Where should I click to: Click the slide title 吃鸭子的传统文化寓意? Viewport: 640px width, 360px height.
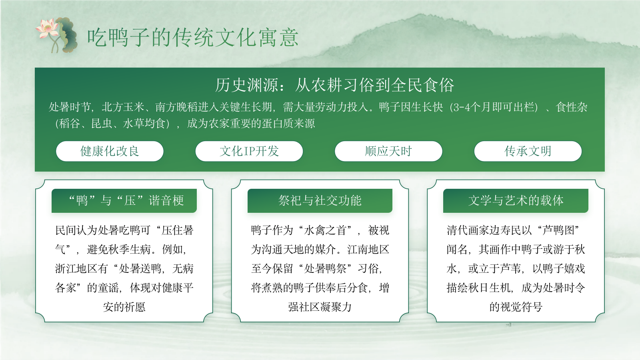[193, 38]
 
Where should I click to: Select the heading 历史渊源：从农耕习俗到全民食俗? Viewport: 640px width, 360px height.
[334, 85]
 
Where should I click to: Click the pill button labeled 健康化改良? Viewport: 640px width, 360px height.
[110, 151]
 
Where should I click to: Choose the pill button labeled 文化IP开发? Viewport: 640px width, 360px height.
[249, 151]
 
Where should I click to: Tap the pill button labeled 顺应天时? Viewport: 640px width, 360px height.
[388, 151]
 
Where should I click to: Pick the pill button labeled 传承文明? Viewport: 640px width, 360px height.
[528, 151]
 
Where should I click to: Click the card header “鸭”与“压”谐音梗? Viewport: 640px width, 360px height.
[124, 200]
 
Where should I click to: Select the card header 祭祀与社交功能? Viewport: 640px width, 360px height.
[320, 200]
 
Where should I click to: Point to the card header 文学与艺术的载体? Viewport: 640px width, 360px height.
[516, 200]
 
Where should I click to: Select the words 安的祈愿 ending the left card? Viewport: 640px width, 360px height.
[124, 307]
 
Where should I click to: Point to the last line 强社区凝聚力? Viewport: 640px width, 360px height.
[320, 307]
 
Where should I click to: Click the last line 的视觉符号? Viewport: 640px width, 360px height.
[516, 307]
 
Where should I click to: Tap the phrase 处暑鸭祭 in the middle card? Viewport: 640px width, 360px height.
[325, 268]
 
